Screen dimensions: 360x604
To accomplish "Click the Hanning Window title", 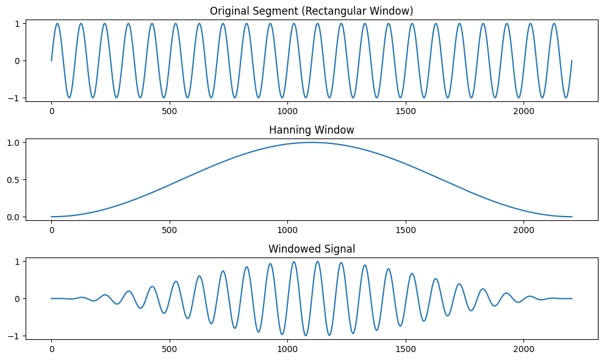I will (x=312, y=130).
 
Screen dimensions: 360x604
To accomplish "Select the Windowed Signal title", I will (x=312, y=249).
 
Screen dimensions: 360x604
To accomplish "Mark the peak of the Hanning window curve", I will (x=312, y=142).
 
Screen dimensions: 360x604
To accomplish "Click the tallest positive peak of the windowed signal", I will (x=317, y=261).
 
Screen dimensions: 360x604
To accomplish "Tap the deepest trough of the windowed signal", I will (x=306, y=336).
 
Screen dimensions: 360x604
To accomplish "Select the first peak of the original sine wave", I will (x=57, y=24).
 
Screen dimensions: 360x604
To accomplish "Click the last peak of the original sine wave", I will (x=554, y=24).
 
